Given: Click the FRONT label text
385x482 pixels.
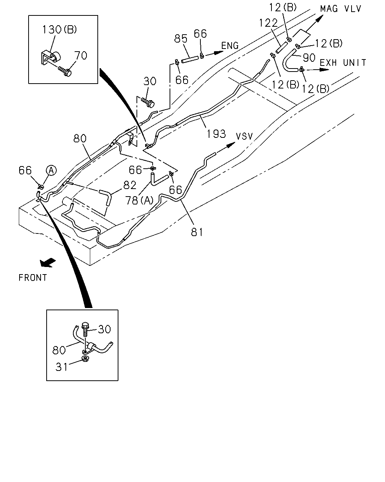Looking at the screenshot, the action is point(33,278).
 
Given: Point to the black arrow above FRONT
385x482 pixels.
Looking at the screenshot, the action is point(48,262).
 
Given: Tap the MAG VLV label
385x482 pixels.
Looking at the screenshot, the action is point(341,9).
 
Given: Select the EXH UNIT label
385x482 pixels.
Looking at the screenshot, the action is point(343,63).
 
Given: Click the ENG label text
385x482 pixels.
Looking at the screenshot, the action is point(230,46).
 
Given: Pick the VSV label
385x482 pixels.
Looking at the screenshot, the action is point(244,136).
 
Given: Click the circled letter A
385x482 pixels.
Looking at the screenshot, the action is point(51,171).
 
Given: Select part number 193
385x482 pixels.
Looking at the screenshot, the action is point(216,134).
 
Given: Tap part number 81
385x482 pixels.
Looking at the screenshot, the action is point(197,232).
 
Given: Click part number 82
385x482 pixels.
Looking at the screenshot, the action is point(130,185).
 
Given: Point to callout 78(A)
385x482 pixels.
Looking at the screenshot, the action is point(139,200).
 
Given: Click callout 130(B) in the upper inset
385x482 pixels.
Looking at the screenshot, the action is point(60,29).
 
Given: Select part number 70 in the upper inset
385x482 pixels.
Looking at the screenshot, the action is point(80,55).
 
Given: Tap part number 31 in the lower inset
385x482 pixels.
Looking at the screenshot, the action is point(62,367).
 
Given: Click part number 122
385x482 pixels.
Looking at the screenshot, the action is point(268,23).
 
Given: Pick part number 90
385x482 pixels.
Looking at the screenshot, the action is point(309,58).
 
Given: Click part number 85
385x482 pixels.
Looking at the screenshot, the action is point(181,38).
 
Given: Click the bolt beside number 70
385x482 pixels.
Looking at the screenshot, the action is point(65,71).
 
